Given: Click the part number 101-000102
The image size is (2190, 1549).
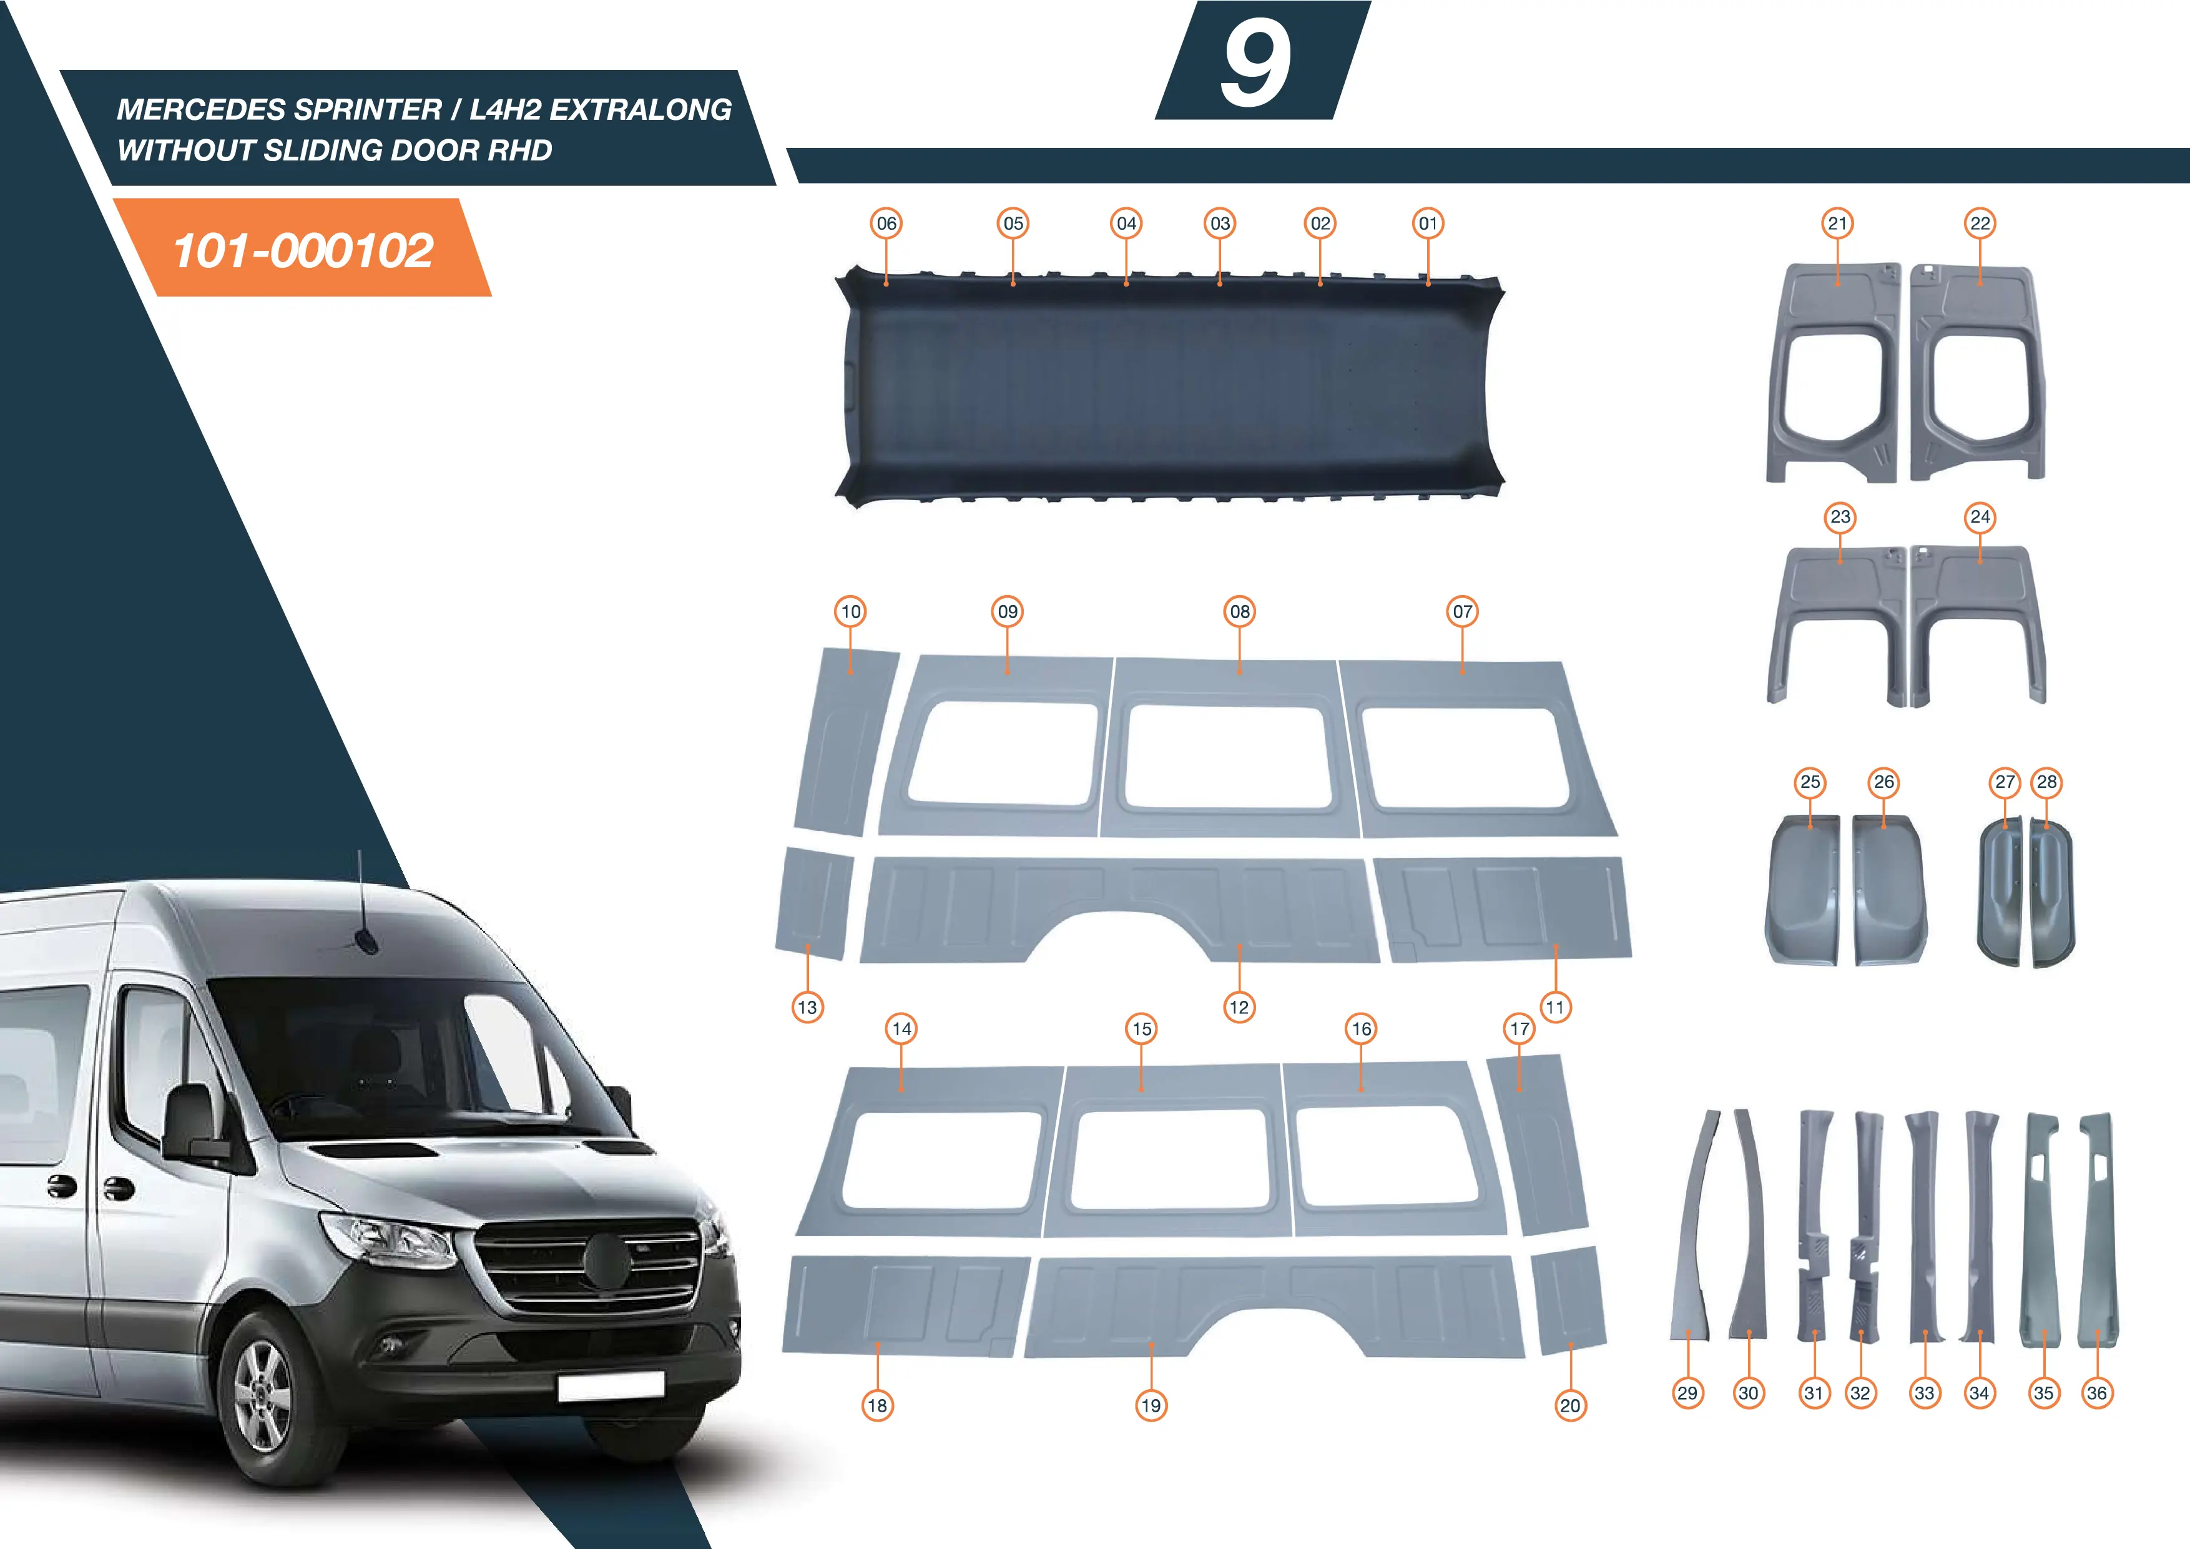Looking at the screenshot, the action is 303,251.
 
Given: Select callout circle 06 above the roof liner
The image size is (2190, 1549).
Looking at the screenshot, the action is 886,223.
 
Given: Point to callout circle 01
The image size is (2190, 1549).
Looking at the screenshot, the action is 1428,223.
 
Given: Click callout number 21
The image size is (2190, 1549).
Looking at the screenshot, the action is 1837,223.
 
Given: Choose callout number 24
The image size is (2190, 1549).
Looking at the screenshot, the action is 1980,517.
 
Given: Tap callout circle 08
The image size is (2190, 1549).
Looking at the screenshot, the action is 1240,611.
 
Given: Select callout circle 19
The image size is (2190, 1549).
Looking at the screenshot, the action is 1151,1405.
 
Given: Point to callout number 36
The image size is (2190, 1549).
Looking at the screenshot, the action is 2096,1392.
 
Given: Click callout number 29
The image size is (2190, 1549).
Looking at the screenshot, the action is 1687,1392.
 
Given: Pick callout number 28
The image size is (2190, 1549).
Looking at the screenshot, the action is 2047,782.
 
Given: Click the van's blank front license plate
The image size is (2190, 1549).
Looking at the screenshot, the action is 611,1386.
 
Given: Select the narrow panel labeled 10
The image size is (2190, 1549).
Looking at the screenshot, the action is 845,741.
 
